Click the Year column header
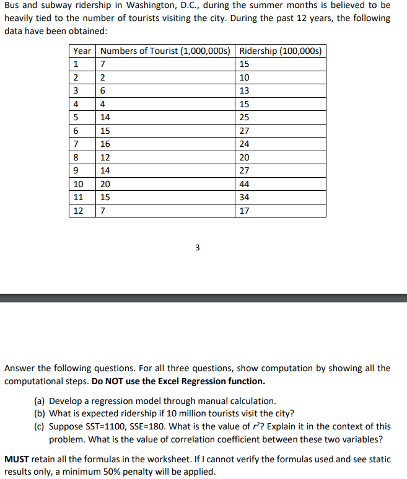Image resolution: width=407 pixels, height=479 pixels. click(x=82, y=51)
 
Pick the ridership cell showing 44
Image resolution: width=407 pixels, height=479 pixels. click(x=244, y=184)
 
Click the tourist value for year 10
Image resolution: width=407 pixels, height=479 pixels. click(x=105, y=184)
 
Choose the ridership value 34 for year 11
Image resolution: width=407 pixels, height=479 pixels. click(x=244, y=198)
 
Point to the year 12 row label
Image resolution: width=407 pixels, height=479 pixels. click(x=78, y=211)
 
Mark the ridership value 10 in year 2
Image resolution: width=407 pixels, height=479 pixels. click(x=244, y=77)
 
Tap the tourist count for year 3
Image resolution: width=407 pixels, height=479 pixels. click(x=102, y=90)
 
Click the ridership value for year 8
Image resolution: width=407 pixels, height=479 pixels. click(x=244, y=157)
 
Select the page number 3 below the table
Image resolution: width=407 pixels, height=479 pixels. click(x=197, y=248)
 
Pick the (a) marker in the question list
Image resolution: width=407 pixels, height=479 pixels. click(x=40, y=402)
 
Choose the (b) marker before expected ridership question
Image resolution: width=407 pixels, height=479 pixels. click(x=40, y=414)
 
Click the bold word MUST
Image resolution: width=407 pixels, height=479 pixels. click(x=17, y=459)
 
